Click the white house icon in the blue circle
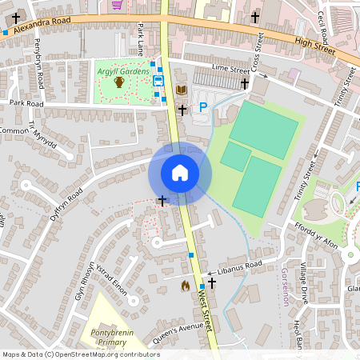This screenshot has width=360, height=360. click(x=180, y=173)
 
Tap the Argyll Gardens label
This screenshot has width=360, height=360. click(x=123, y=72)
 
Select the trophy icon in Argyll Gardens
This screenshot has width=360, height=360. click(x=118, y=82)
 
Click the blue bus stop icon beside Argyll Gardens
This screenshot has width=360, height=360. click(x=158, y=80)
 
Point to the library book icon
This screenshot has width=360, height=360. click(x=182, y=90)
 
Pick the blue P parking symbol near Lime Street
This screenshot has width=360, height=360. click(x=203, y=106)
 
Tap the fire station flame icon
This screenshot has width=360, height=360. click(x=186, y=285)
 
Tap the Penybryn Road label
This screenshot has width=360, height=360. click(x=38, y=74)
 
